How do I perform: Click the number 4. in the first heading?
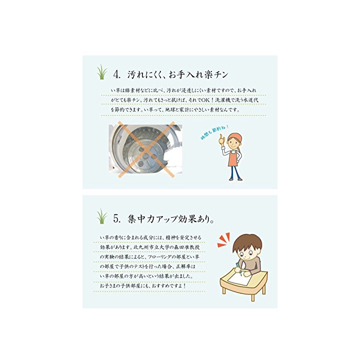(117, 75)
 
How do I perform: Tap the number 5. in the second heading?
(117, 219)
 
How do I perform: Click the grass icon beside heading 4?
(102, 72)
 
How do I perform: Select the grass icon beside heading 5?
(102, 217)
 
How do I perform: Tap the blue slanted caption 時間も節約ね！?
(214, 132)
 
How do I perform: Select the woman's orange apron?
(233, 158)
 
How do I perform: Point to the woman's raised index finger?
(221, 137)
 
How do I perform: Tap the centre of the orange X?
(146, 150)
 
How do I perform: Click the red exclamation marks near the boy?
(224, 240)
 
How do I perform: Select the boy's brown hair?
(247, 243)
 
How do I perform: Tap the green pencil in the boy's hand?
(238, 268)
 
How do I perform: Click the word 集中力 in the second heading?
(140, 219)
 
